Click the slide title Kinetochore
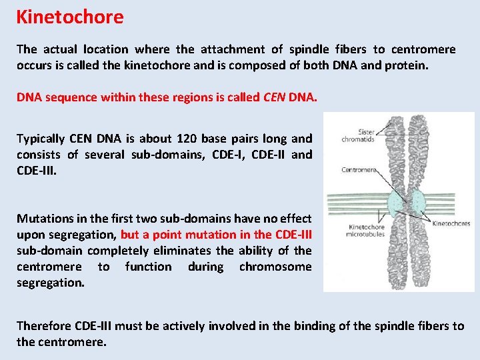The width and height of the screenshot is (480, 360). [x=70, y=17]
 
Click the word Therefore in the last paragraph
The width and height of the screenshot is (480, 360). [x=43, y=326]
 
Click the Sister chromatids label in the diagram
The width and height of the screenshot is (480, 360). [x=358, y=135]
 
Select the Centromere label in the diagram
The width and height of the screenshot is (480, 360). [x=359, y=169]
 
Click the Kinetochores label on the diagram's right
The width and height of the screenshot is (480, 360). [x=451, y=224]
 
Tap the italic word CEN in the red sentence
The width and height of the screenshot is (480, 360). [x=274, y=97]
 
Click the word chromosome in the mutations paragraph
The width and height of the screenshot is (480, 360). [x=275, y=267]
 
